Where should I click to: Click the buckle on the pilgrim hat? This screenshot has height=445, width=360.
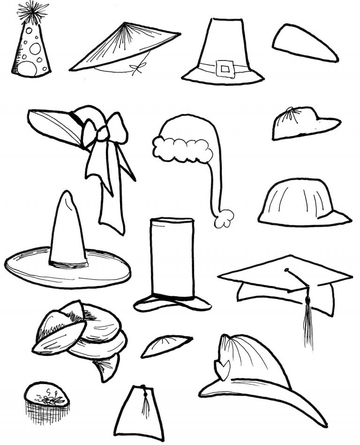225,69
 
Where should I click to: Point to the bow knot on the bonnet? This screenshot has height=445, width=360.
102,134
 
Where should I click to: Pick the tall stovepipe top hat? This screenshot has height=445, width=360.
172,263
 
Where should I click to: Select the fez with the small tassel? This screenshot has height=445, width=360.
139,413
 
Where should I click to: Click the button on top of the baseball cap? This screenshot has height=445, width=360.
291,111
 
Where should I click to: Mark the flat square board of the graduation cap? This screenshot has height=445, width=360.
285,273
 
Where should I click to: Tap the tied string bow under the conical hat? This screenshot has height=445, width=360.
137,69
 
